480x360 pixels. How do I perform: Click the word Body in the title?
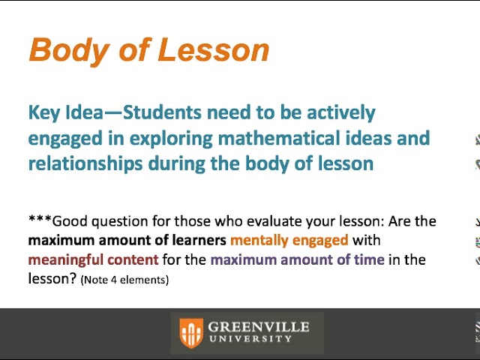point(65,50)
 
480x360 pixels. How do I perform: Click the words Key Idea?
point(64,113)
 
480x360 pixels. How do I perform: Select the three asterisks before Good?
point(40,220)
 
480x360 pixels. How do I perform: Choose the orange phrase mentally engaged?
point(289,241)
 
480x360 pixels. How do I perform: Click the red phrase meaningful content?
point(93,260)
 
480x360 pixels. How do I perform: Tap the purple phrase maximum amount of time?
point(297,260)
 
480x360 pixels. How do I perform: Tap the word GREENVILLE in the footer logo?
point(258,327)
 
